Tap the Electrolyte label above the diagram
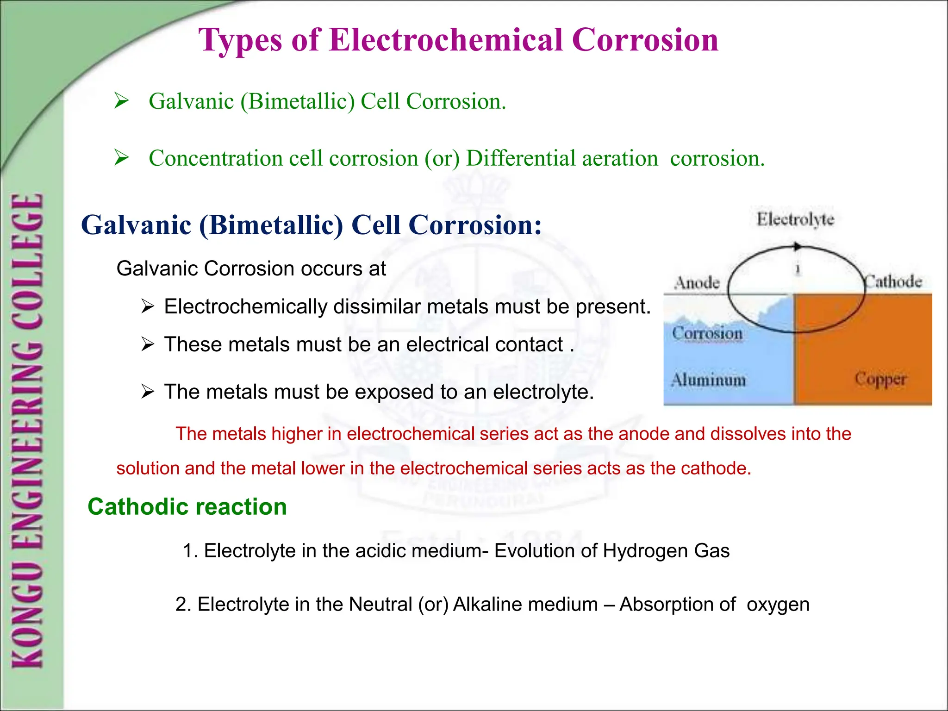795,219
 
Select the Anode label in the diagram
697,282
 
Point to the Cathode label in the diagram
893,281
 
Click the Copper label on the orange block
880,379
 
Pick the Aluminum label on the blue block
709,380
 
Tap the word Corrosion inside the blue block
707,333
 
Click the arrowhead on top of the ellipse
797,247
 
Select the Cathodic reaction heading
187,507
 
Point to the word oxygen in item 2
778,605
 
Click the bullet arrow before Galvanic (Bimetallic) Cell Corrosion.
121,100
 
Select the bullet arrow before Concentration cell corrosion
121,158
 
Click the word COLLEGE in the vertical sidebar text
29,259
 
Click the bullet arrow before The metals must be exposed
148,392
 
